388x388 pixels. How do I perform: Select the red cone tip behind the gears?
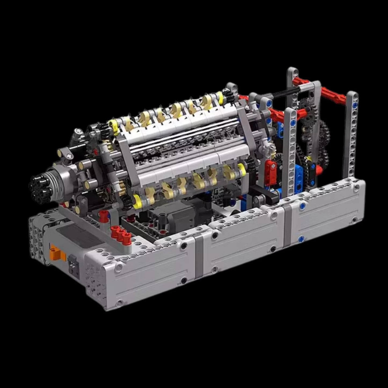(319, 169)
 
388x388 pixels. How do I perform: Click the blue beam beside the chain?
(299, 177)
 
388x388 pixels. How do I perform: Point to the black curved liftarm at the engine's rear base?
(269, 196)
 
